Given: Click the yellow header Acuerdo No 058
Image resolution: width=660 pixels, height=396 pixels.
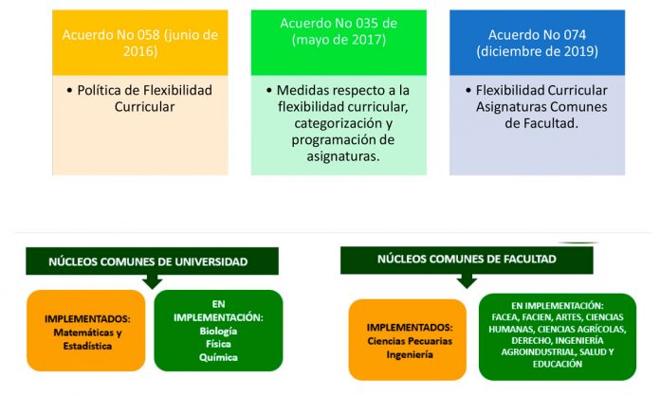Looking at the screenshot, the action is tap(140, 43).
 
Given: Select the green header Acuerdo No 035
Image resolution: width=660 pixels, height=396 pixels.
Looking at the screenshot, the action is tap(339, 43).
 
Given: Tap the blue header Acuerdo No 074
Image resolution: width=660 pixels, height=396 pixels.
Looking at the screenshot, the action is tap(537, 43).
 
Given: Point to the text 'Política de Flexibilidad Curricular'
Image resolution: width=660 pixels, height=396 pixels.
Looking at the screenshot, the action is tap(144, 99).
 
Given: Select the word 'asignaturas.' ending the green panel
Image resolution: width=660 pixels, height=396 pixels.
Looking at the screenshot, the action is tap(343, 156).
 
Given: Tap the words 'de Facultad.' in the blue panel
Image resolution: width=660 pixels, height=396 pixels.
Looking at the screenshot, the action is tap(541, 123).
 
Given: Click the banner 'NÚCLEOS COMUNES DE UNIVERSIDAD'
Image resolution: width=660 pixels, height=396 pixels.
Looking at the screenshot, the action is tap(152, 261).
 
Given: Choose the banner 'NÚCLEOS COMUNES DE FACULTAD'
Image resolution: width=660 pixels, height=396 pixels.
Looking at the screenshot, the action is tap(467, 260).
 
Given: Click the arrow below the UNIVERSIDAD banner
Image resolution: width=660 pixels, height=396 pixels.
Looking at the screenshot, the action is tap(153, 281).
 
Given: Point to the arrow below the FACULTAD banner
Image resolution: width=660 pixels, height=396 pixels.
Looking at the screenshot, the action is tap(467, 280).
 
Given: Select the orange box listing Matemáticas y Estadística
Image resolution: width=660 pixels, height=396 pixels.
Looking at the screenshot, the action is tap(86, 331).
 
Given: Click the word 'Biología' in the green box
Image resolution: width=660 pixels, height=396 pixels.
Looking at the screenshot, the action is tap(218, 331).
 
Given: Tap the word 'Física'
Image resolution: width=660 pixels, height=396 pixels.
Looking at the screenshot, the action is tap(218, 344).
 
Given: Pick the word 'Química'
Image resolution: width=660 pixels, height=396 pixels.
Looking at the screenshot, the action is tap(218, 357).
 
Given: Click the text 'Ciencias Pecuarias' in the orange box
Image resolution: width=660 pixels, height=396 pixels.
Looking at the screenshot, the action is tap(410, 341).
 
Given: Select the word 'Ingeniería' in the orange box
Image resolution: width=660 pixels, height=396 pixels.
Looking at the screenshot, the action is tap(410, 354).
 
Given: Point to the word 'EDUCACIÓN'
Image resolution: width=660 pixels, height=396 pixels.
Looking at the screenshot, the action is tap(558, 364).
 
